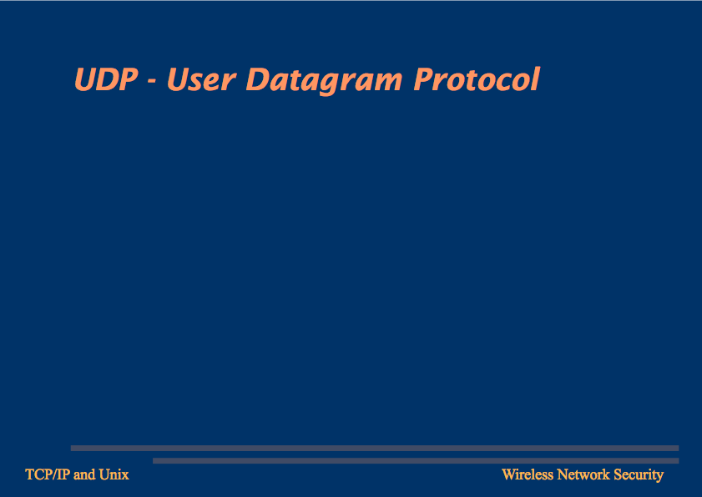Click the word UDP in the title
[106, 80]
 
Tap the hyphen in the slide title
[152, 82]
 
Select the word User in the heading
[201, 80]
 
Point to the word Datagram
[324, 81]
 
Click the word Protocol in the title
[477, 79]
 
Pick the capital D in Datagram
[260, 80]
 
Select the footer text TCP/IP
[48, 474]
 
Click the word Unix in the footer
[114, 474]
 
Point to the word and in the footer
[84, 474]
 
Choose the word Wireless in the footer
[528, 474]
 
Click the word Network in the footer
[583, 474]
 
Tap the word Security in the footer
[639, 475]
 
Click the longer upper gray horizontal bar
[375, 449]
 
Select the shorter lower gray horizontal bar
[416, 461]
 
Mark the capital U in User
[178, 80]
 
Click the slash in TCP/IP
[54, 474]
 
